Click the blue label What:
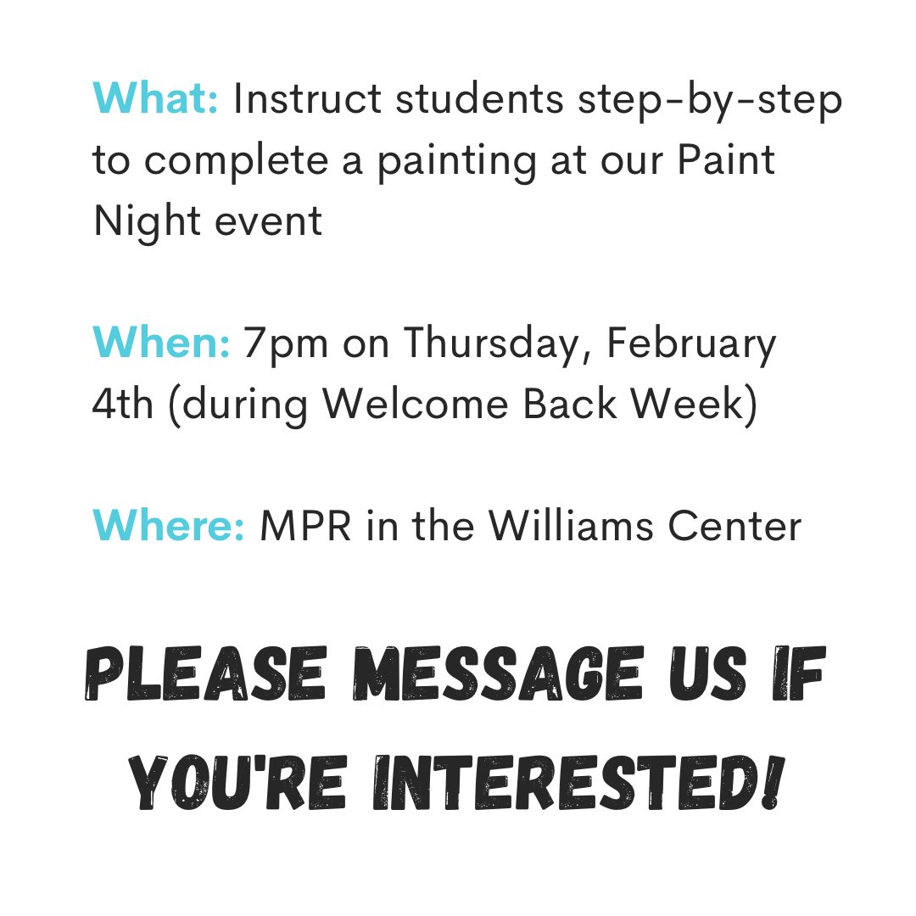[x=156, y=100]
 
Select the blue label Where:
[x=169, y=527]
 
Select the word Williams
[x=574, y=527]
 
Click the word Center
[x=735, y=527]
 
